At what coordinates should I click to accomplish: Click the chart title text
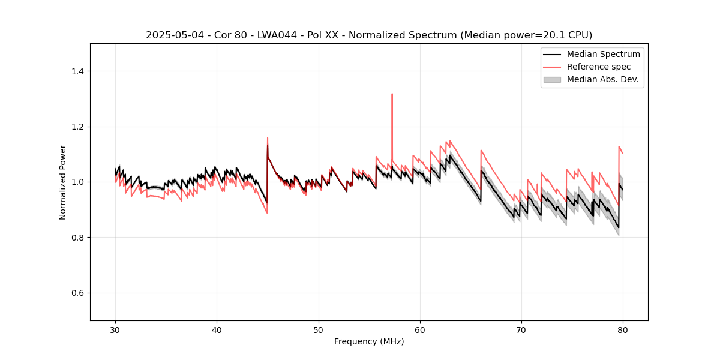369,35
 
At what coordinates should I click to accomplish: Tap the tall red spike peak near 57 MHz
392,94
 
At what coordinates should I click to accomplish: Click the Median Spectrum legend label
603,54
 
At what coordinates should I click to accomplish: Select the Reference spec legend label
599,67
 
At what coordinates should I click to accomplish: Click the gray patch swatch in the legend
552,79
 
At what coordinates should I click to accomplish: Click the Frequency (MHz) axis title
369,341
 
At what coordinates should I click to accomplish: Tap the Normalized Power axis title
63,182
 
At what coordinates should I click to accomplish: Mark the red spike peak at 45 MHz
268,138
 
